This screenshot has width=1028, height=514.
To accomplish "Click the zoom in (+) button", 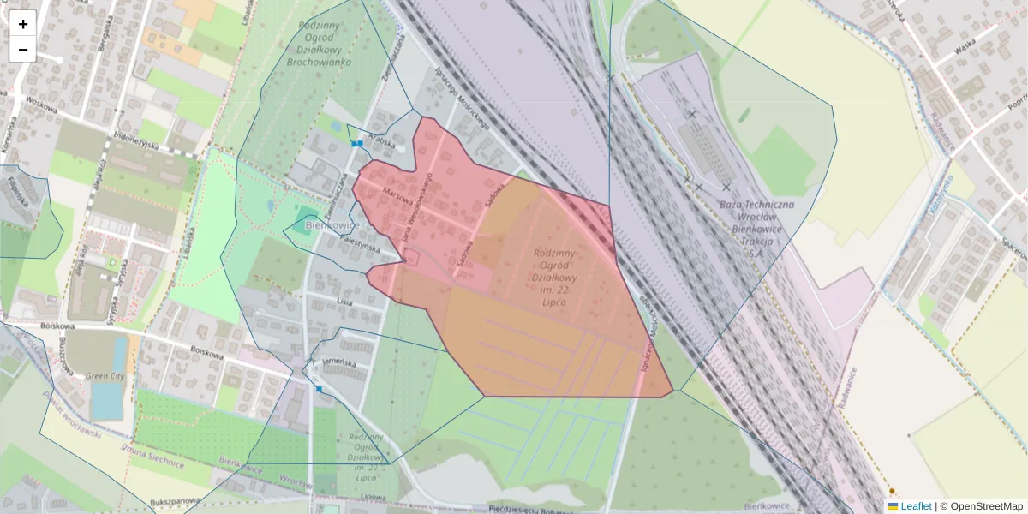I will (23, 24).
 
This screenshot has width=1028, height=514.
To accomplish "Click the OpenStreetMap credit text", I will (986, 506).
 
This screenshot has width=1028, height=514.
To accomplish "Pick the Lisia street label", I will (344, 302).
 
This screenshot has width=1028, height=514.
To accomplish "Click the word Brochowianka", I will (319, 62).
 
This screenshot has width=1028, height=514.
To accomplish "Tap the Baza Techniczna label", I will (756, 206).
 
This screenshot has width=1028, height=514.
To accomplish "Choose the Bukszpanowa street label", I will (175, 500).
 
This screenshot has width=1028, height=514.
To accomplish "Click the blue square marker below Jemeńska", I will (319, 389).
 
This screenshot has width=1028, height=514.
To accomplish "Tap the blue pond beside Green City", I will (107, 400).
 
